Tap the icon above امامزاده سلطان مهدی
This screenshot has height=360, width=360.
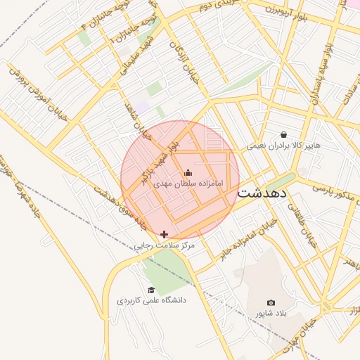click(188, 173)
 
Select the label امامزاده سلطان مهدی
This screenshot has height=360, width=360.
click(188, 183)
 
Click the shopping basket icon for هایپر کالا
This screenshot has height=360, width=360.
click(283, 134)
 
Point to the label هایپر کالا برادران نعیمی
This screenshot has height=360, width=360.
click(283, 146)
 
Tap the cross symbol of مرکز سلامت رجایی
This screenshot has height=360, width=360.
click(165, 234)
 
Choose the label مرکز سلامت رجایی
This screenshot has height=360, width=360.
click(165, 246)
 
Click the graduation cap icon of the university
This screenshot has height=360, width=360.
click(151, 290)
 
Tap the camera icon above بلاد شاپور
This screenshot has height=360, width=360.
click(271, 302)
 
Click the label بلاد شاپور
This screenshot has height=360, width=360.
click(271, 312)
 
